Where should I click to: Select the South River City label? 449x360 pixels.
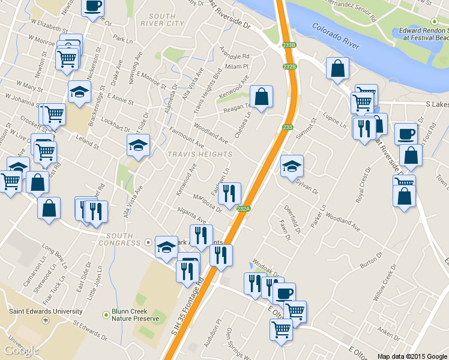coord(166,20)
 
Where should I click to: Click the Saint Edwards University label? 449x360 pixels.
coord(46,311)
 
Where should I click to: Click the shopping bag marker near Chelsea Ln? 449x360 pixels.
coord(261,97)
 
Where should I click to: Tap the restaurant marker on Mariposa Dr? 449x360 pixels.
coord(229,194)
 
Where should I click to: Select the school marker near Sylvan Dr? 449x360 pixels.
coord(292,166)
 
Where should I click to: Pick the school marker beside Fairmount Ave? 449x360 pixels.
coord(138,145)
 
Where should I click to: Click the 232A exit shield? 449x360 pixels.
coord(243,209)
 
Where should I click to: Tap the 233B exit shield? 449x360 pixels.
coord(289,45)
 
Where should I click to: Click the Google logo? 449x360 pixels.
coord(21,350)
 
